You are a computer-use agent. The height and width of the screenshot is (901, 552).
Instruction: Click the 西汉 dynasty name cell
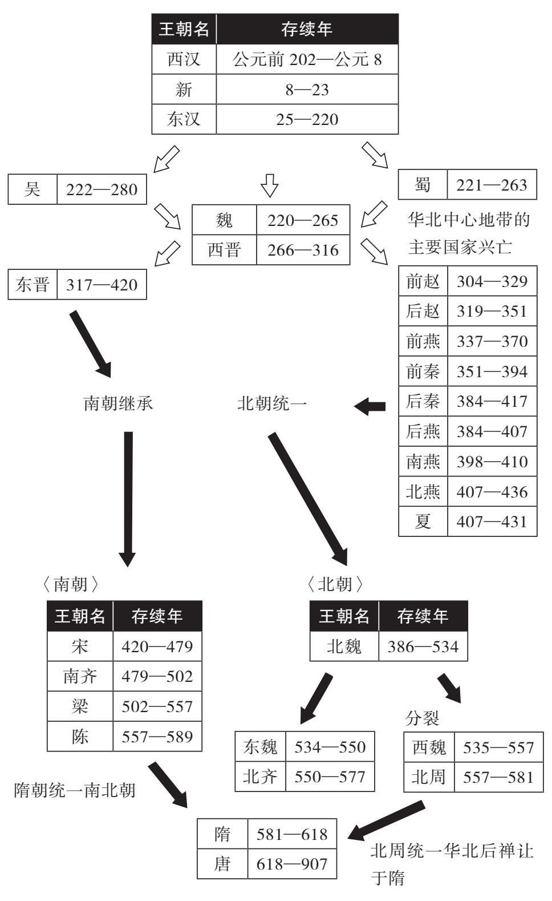click(x=184, y=59)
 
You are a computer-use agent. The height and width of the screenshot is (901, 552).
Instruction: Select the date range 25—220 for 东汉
click(x=307, y=119)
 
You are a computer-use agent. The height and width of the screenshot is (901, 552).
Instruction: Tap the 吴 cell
click(x=33, y=189)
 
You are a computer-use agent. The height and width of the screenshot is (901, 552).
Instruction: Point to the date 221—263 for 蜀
click(x=492, y=185)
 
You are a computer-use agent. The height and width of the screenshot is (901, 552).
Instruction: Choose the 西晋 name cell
click(x=224, y=250)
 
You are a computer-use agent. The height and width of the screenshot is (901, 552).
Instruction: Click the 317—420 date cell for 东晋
click(x=102, y=285)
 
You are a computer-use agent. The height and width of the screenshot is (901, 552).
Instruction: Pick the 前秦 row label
click(x=423, y=371)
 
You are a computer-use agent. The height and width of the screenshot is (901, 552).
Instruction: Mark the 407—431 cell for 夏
click(x=492, y=522)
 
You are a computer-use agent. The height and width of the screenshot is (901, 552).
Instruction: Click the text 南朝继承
click(x=118, y=403)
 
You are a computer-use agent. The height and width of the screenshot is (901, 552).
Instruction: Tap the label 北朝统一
click(x=272, y=403)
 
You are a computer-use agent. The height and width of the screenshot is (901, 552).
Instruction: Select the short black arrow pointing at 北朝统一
click(x=370, y=406)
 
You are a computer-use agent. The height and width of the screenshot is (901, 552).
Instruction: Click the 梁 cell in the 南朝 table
click(x=80, y=706)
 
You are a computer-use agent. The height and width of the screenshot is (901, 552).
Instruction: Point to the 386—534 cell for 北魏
click(x=423, y=647)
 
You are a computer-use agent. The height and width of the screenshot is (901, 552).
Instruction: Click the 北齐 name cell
click(x=260, y=776)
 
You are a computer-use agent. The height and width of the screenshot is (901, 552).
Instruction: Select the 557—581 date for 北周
click(x=498, y=777)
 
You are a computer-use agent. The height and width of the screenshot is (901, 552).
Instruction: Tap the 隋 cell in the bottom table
click(x=222, y=834)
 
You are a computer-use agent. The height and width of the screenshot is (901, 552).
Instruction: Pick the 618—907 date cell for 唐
click(x=292, y=863)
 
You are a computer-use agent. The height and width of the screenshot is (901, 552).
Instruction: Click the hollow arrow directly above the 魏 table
click(x=269, y=185)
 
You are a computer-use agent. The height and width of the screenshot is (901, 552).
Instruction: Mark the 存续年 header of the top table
click(x=307, y=29)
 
